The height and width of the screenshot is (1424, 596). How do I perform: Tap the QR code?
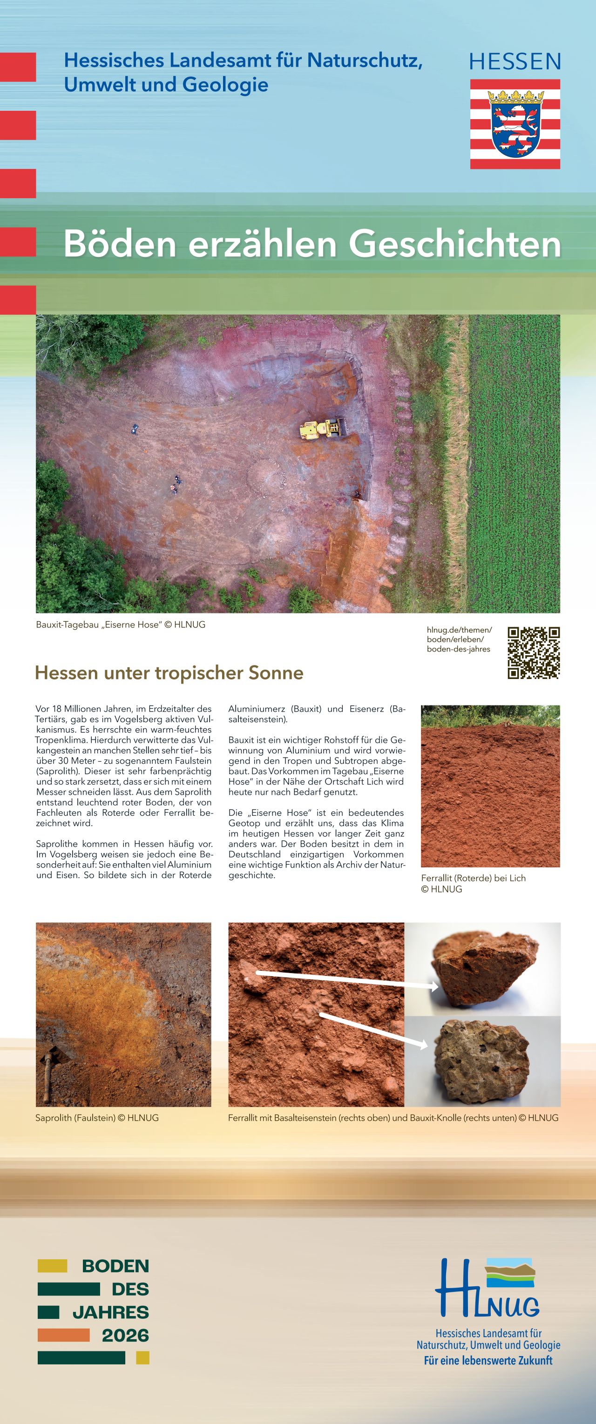click(x=534, y=652)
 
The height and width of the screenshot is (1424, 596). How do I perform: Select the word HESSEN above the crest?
click(x=515, y=61)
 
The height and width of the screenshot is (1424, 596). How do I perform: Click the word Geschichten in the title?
click(x=454, y=244)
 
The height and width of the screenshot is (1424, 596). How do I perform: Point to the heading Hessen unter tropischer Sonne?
click(x=169, y=673)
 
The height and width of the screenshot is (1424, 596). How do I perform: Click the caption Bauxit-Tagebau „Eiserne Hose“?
click(x=121, y=625)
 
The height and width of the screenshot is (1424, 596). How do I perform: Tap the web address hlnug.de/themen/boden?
click(x=459, y=639)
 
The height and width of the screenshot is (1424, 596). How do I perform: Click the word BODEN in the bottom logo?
click(x=115, y=1266)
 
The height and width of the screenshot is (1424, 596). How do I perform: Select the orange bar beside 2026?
click(x=64, y=1336)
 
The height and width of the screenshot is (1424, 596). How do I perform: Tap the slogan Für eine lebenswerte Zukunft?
click(x=488, y=1360)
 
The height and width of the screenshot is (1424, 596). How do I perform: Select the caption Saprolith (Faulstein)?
click(x=97, y=1118)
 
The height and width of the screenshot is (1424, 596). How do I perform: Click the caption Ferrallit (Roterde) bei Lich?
click(x=473, y=879)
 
